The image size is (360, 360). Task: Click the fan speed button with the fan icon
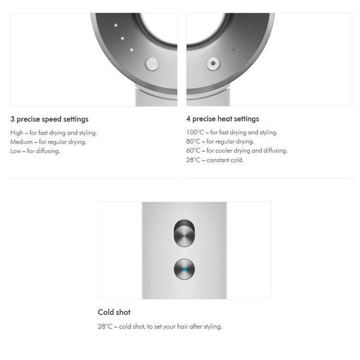tap(152, 63)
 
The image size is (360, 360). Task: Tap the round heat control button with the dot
tap(213, 63)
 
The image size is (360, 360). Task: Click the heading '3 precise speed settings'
tap(49, 119)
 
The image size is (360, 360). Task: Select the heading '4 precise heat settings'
tap(222, 119)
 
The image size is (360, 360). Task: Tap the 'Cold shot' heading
tap(114, 312)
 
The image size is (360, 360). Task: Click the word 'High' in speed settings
tap(17, 133)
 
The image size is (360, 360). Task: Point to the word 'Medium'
tap(21, 142)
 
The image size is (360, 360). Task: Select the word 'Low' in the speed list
tap(16, 151)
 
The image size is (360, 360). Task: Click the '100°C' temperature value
tap(195, 132)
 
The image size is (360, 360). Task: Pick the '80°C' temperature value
tap(193, 142)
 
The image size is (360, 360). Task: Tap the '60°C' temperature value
tap(193, 151)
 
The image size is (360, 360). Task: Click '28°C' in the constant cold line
tap(193, 160)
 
